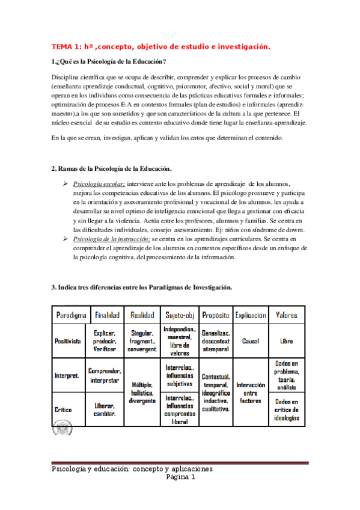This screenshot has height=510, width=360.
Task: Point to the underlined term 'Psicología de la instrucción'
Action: (111, 239)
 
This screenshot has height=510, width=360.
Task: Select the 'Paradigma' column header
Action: (72, 315)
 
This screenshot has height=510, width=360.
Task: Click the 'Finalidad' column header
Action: (108, 315)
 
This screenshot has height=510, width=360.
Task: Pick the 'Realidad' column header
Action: (142, 315)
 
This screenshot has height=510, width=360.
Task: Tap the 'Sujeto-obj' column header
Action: (179, 315)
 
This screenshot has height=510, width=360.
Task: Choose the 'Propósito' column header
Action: (216, 315)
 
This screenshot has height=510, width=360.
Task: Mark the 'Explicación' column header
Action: (251, 315)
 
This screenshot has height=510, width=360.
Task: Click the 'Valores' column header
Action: (286, 315)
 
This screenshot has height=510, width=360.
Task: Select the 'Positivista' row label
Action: (68, 340)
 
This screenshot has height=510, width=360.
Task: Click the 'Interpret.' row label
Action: (67, 375)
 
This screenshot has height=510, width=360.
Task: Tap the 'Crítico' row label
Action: (63, 410)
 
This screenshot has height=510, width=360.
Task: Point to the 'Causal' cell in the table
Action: (251, 340)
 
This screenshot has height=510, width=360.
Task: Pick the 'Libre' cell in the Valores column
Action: (287, 340)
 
